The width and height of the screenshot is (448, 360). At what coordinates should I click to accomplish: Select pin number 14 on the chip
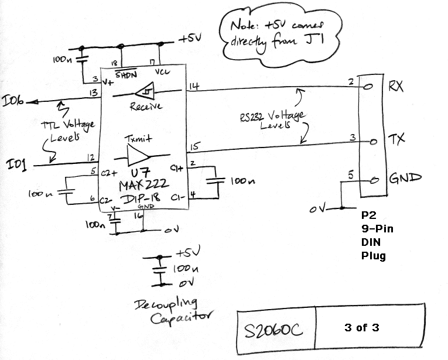pos(193,87)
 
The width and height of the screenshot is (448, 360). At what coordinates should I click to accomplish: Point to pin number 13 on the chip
pos(93,93)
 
